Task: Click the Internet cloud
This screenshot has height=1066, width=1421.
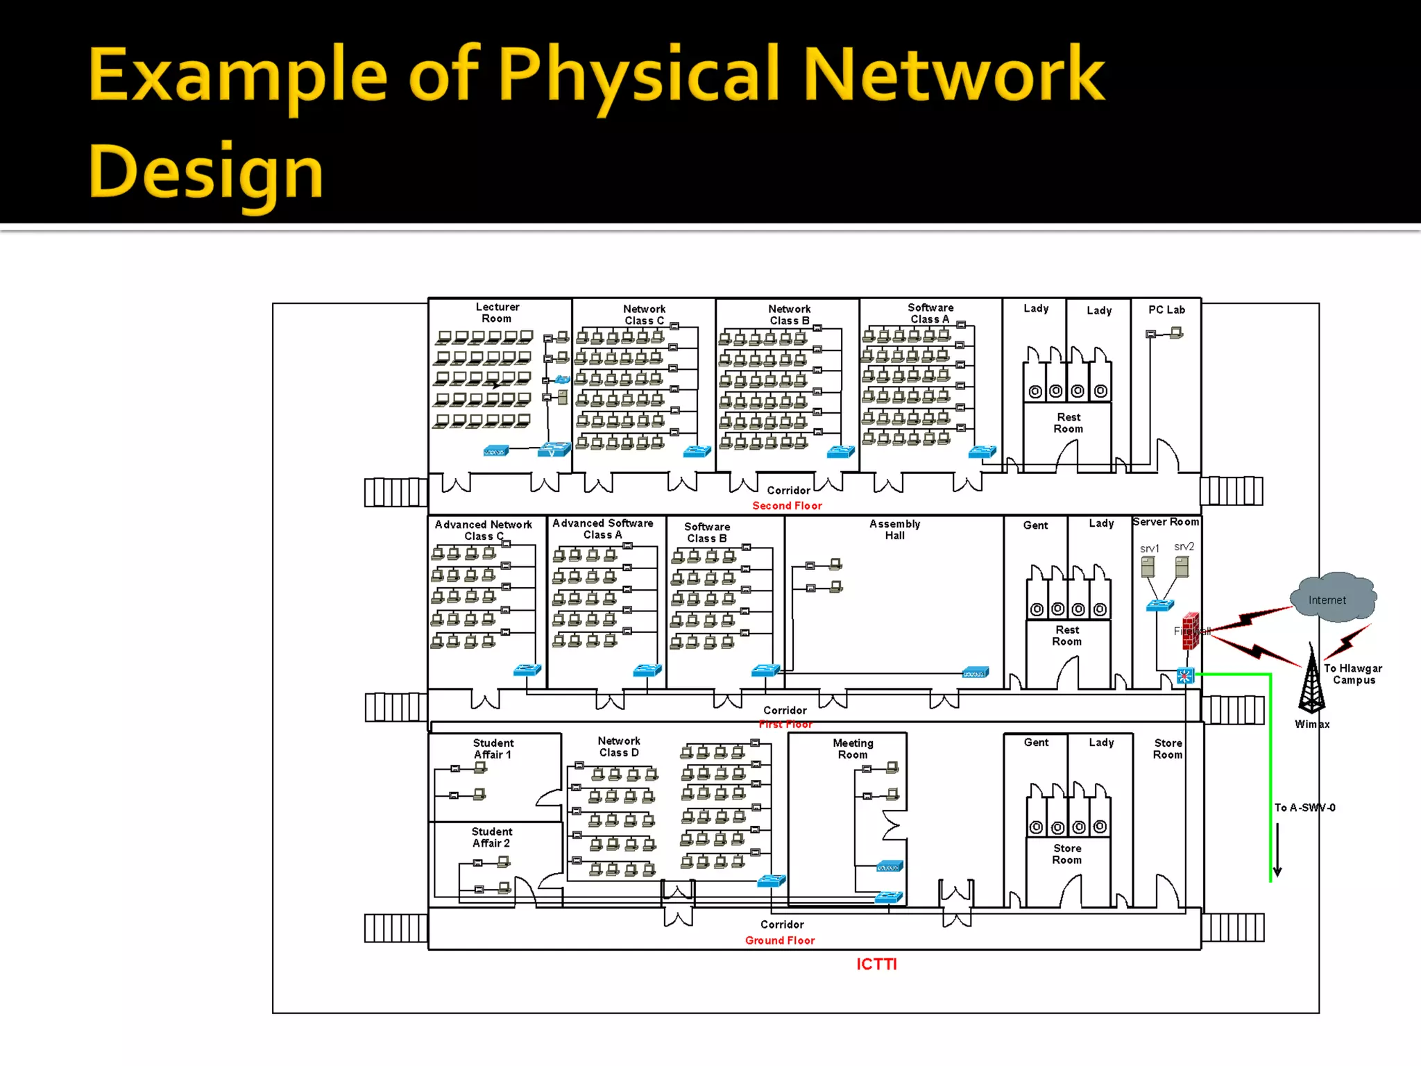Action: (x=1333, y=597)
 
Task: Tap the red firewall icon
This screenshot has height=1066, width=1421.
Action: (x=1191, y=631)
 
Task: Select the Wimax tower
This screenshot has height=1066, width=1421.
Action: (x=1311, y=680)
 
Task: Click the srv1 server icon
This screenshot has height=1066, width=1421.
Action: (x=1148, y=567)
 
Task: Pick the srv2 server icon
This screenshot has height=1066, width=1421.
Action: (x=1182, y=566)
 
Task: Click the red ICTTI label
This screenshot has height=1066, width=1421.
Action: (x=876, y=964)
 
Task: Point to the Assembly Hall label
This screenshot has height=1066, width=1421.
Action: (x=894, y=530)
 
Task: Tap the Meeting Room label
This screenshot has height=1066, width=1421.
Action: (x=853, y=749)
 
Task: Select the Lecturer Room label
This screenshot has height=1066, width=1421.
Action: (x=497, y=312)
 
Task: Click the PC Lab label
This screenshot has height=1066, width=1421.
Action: (x=1166, y=310)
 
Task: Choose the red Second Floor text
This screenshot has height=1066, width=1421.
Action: (x=787, y=506)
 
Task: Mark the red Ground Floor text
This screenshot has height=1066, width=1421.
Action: (x=780, y=940)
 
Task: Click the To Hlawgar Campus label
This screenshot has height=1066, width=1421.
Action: (x=1353, y=674)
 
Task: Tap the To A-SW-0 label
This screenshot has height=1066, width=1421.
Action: (x=1304, y=808)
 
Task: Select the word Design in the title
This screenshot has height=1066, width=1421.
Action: (x=205, y=171)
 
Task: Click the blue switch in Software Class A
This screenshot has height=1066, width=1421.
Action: (x=982, y=452)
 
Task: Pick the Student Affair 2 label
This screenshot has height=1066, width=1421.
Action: (x=491, y=837)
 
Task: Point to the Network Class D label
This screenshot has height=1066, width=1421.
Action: (x=619, y=747)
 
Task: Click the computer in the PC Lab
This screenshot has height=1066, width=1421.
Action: (x=1176, y=333)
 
